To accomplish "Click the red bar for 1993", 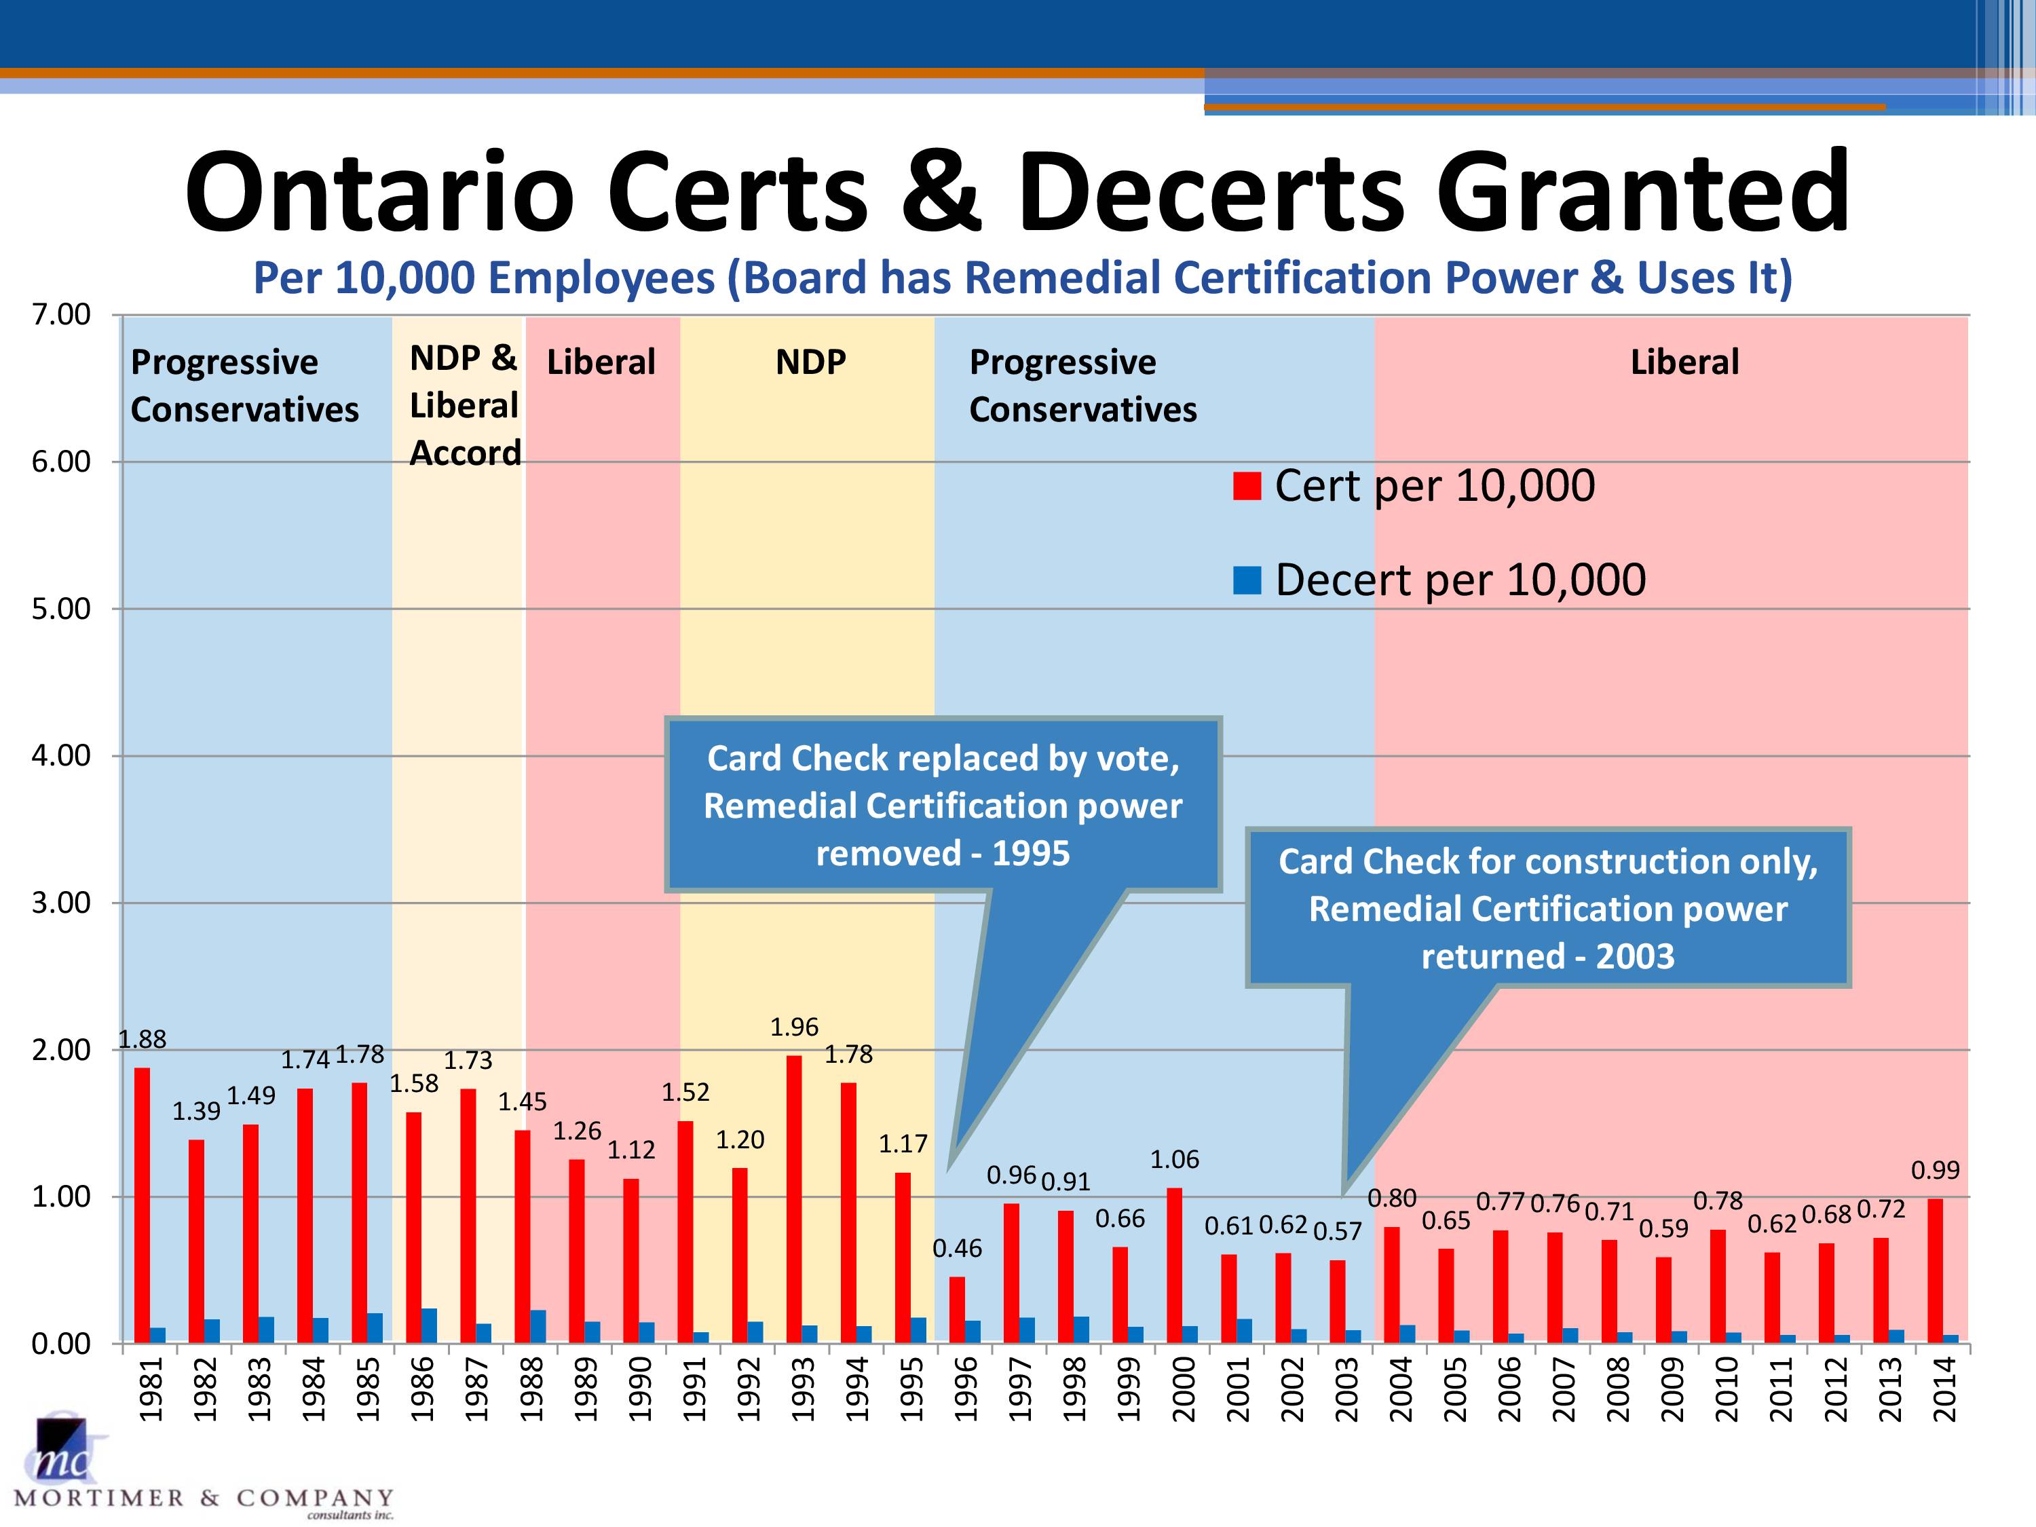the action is click(793, 1199).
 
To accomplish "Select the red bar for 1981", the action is click(142, 1206).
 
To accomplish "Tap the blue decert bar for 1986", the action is click(429, 1326).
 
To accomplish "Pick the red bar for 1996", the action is click(957, 1310).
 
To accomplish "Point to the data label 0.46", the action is click(957, 1248).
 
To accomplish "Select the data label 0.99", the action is click(1936, 1170).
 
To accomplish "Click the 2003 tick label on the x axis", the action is click(1346, 1389).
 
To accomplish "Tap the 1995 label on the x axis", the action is click(911, 1389).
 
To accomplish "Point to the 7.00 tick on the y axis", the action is click(61, 315).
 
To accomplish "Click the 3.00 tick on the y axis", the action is click(61, 903).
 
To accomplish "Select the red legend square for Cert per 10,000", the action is click(1246, 486).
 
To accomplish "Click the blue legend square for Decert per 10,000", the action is click(1246, 580).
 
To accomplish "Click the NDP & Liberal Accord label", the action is click(465, 405).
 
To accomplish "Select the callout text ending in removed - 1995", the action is click(943, 806).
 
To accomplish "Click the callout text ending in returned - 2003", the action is click(1548, 909).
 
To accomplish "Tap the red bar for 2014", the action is click(1935, 1271).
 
